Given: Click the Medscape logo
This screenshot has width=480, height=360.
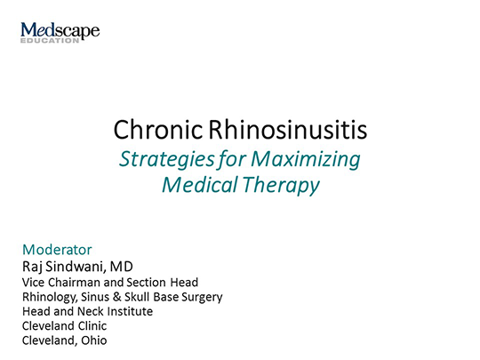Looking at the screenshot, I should tap(60, 32).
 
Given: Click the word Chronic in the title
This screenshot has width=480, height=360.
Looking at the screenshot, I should tap(157, 132).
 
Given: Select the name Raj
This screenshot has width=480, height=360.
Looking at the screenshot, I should tap(33, 266).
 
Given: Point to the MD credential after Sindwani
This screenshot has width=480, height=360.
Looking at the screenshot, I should tap(133, 266).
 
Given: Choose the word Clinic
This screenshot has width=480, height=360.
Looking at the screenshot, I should tap(90, 326).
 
